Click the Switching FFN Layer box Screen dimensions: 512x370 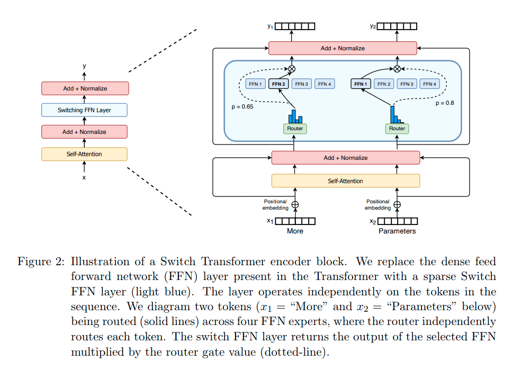point(84,110)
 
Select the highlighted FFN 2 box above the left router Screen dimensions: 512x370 point(279,84)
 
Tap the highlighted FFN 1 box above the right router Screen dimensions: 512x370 point(361,84)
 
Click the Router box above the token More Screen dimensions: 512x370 point(295,129)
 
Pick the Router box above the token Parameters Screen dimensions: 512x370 point(397,129)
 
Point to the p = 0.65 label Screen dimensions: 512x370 point(242,107)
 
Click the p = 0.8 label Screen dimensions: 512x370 point(445,103)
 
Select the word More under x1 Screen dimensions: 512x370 point(295,231)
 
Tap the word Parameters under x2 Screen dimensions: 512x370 point(397,231)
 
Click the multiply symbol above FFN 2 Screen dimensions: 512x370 point(292,69)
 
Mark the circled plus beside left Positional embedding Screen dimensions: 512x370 point(295,205)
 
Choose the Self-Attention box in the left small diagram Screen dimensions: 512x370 point(84,154)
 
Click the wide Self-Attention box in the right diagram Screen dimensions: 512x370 point(346,181)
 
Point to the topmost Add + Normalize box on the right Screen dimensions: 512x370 point(343,48)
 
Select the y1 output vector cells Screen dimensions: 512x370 point(295,26)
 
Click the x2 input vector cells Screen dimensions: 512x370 point(398,221)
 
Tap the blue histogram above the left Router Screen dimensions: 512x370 point(295,116)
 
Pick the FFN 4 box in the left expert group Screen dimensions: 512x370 point(325,84)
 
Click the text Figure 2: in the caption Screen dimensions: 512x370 point(41,262)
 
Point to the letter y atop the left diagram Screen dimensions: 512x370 point(84,66)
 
